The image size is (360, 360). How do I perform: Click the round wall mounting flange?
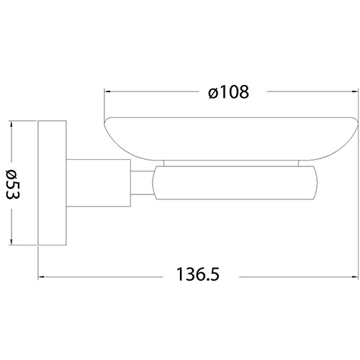tap(51, 184)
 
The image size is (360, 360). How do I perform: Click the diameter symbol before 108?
tap(212, 92)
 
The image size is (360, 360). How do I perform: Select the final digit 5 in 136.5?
tap(216, 276)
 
